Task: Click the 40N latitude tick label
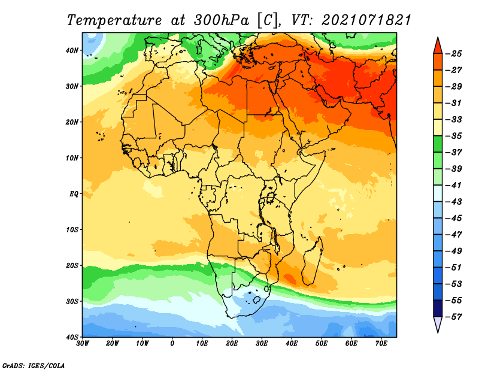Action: click(72, 50)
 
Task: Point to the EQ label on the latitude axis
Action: click(74, 194)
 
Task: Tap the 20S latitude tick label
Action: click(72, 265)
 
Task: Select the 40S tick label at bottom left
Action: click(72, 337)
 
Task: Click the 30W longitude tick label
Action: click(83, 344)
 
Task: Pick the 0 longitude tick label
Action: click(172, 344)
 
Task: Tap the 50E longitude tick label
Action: click(322, 344)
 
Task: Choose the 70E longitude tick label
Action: click(381, 344)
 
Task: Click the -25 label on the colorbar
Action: click(454, 54)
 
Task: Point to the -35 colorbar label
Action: click(454, 136)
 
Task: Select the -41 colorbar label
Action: click(454, 185)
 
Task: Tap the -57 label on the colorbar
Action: click(454, 317)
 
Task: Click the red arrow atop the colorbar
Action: click(438, 47)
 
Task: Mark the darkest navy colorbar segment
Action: click(438, 308)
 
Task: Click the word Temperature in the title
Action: click(114, 20)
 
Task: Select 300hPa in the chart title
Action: click(221, 20)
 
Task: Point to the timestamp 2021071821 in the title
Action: click(366, 20)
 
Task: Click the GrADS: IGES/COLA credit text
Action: click(34, 365)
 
